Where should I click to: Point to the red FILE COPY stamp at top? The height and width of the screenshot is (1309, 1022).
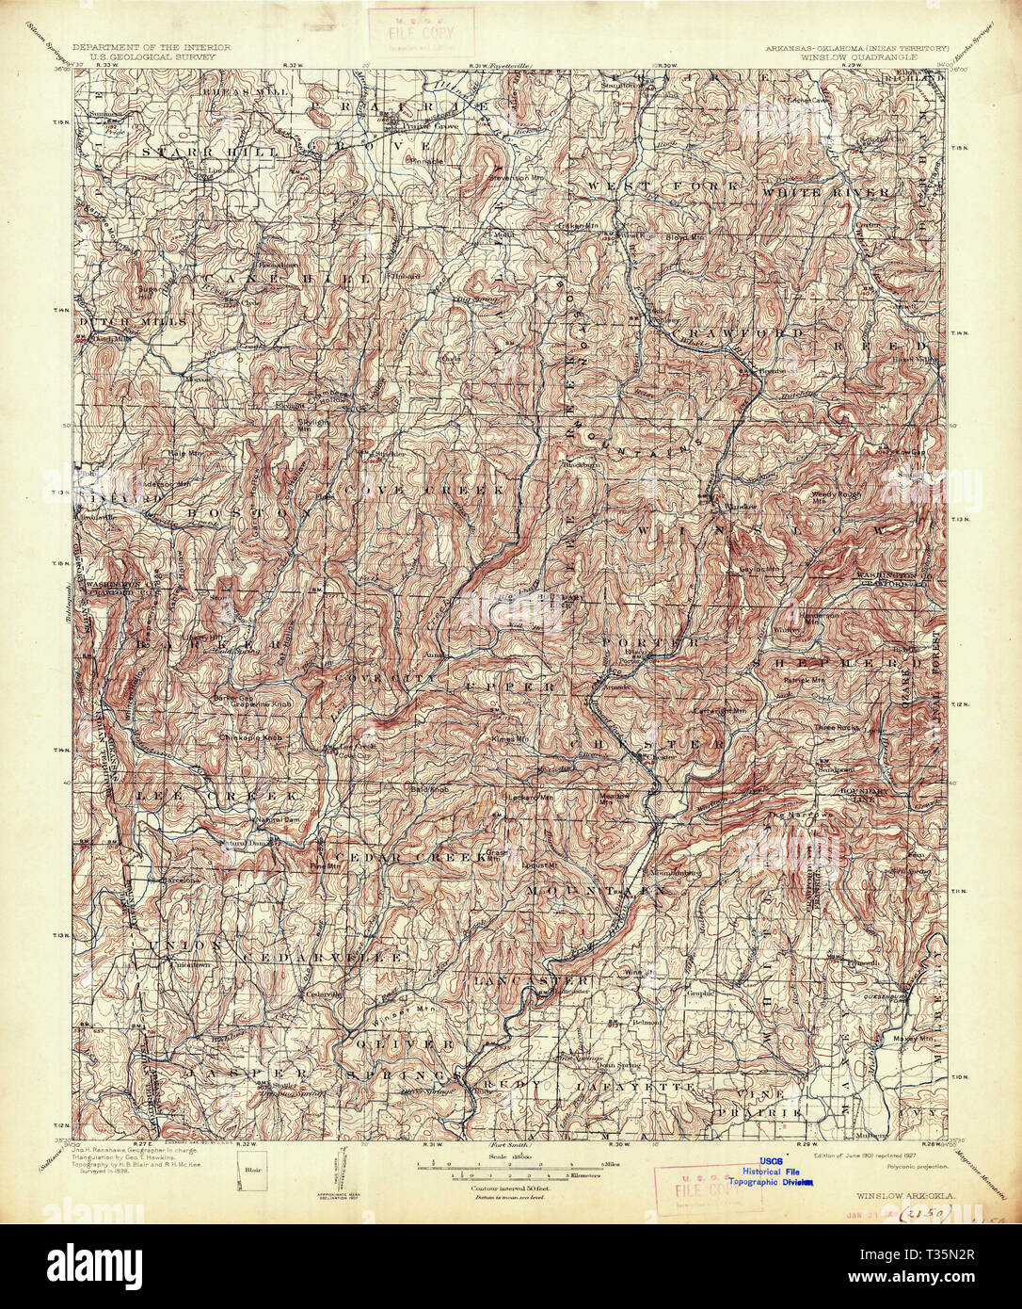(421, 29)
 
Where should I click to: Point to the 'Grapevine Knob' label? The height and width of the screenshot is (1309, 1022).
(249, 701)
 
